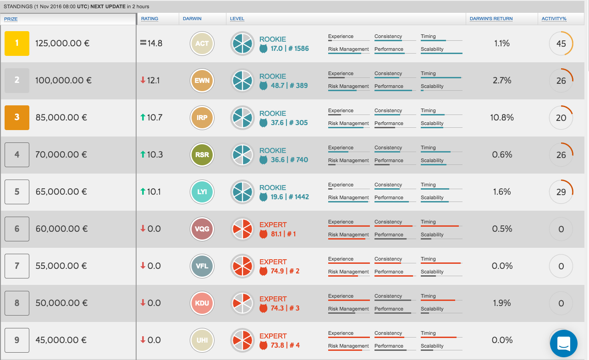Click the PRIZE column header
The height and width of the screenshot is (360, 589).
(x=11, y=19)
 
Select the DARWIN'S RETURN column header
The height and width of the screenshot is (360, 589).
(x=491, y=19)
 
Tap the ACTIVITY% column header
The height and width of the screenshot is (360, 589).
(x=554, y=19)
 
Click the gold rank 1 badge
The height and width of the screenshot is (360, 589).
(x=17, y=44)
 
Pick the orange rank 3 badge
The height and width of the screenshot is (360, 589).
(x=17, y=118)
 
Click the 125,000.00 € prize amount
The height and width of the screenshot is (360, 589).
(x=62, y=44)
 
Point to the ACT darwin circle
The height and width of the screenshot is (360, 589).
(x=202, y=44)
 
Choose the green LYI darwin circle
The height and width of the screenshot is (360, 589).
(x=202, y=192)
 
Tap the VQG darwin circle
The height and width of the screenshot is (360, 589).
(x=202, y=229)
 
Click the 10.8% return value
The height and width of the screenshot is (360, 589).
(x=502, y=118)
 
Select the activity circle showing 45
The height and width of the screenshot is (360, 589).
(x=561, y=44)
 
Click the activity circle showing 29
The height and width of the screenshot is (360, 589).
(x=561, y=192)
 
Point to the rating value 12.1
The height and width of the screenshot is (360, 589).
(x=154, y=81)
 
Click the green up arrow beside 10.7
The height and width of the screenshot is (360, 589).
(x=143, y=118)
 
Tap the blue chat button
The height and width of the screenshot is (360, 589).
(x=563, y=344)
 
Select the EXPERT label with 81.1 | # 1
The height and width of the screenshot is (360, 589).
(x=273, y=225)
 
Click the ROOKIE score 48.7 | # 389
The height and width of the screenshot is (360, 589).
(x=289, y=86)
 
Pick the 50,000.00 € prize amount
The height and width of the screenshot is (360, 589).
(x=61, y=303)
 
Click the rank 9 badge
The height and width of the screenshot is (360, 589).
(x=17, y=340)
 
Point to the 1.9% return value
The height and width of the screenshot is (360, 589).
(x=502, y=303)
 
